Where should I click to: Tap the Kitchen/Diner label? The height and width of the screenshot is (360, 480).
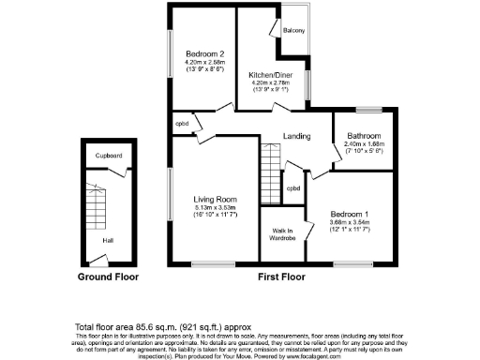click(x=267, y=75)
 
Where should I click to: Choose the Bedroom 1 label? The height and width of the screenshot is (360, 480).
click(x=351, y=213)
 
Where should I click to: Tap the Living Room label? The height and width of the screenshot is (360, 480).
click(x=215, y=200)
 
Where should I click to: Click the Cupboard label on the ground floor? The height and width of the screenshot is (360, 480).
click(x=110, y=156)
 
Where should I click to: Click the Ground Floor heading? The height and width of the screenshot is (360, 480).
click(x=108, y=277)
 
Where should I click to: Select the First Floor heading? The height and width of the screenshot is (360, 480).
click(x=282, y=277)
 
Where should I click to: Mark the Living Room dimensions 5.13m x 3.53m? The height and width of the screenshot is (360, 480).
click(x=215, y=207)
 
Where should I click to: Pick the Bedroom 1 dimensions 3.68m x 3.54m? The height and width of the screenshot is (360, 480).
click(x=351, y=221)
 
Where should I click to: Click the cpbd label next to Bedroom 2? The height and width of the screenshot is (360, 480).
click(x=182, y=124)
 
